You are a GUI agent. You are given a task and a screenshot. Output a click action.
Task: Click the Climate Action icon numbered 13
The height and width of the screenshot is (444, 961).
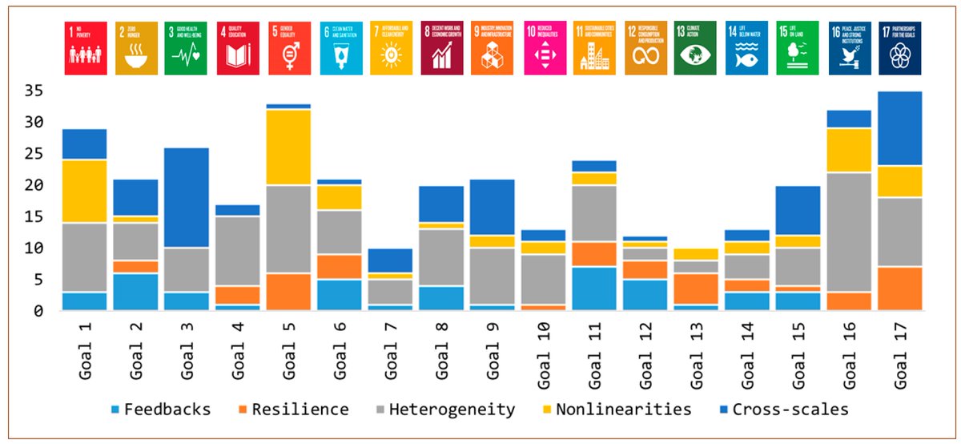tap(694, 48)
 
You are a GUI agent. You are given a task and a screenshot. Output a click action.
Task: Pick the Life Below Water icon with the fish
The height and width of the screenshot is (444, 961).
tap(746, 48)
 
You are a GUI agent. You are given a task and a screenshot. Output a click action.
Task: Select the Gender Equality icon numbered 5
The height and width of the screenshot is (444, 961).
tap(289, 48)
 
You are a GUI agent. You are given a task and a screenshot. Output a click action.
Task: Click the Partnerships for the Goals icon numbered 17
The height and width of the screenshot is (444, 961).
tap(899, 48)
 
